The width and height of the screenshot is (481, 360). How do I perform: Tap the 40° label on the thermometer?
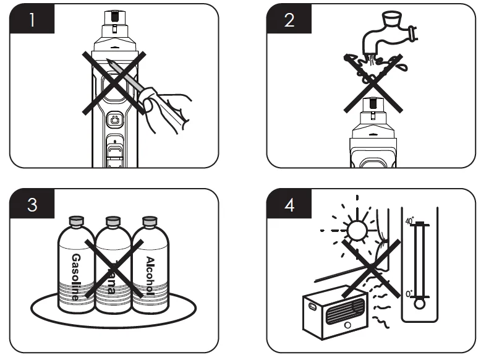(x=409, y=221)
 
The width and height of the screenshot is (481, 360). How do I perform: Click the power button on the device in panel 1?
(x=115, y=118)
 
